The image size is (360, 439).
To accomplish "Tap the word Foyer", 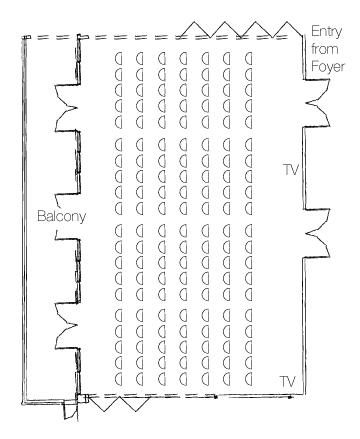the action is (328, 66).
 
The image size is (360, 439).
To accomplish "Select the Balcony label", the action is (61, 216).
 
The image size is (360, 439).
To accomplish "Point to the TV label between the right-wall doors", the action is (291, 170).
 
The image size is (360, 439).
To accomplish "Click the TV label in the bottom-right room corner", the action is (287, 381).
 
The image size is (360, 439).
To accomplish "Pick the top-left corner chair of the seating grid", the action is (118, 59).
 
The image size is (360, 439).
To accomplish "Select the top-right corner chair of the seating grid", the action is (248, 58).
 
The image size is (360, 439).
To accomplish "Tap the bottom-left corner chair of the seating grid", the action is (118, 378).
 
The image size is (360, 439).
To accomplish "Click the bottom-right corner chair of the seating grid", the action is (248, 378).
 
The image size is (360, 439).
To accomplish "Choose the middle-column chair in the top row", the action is (183, 58).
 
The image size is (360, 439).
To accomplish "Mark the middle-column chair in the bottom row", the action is (183, 378).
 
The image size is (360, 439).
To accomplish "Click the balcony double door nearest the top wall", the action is (67, 107).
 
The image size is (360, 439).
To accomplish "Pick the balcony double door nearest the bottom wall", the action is (67, 325).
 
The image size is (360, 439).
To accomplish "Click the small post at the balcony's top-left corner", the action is (26, 37).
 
